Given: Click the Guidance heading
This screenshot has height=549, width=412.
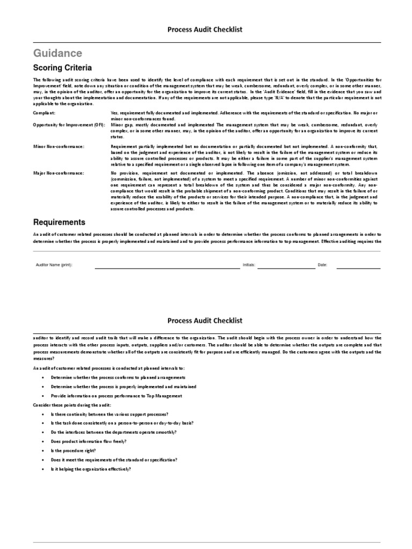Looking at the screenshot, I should pos(57,53).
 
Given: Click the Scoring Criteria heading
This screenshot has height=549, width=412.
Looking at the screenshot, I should pos(62,68).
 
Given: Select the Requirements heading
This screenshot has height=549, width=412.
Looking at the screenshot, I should pos(59,222).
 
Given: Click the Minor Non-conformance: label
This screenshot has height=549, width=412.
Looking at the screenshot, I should pos(58,146).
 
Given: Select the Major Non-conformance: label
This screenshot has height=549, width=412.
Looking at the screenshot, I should pos(58,173).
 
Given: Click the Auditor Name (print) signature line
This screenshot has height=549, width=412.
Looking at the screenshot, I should pos(167,266).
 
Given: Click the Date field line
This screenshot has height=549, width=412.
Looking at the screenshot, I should pos(358,266).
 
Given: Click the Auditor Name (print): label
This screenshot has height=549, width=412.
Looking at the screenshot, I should pos(54,265).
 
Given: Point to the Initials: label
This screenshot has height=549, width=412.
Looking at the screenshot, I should pos(249,265).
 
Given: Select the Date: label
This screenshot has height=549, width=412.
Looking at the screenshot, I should pos(322,265).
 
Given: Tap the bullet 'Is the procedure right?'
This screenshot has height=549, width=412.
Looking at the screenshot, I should pos(73,451).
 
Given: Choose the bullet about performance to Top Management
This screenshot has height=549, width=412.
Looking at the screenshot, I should pos(116,396).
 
